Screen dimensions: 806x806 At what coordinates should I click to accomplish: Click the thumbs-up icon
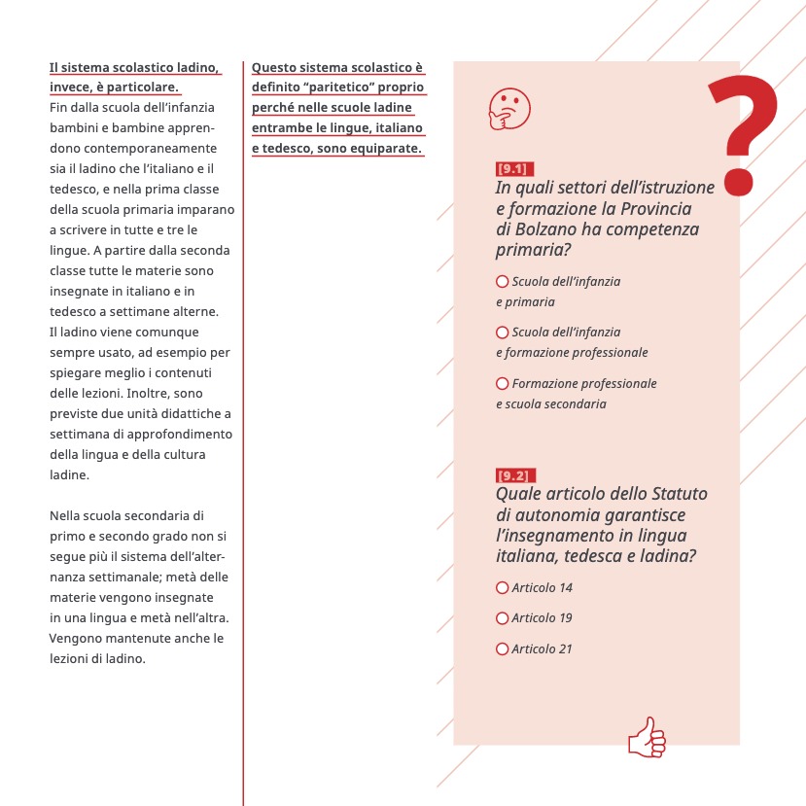(x=647, y=737)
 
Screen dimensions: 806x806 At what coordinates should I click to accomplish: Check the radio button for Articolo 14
(x=503, y=588)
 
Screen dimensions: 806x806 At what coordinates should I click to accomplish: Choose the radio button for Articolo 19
(x=503, y=618)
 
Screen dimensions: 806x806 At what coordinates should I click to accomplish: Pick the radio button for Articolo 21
(x=503, y=648)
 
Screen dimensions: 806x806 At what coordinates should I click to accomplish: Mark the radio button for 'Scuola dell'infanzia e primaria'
(x=503, y=281)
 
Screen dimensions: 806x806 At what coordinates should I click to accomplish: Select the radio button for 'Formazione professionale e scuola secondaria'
(x=503, y=383)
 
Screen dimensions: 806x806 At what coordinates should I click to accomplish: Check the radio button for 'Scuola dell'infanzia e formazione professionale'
(x=503, y=332)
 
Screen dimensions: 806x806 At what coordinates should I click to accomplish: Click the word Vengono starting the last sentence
(x=75, y=639)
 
